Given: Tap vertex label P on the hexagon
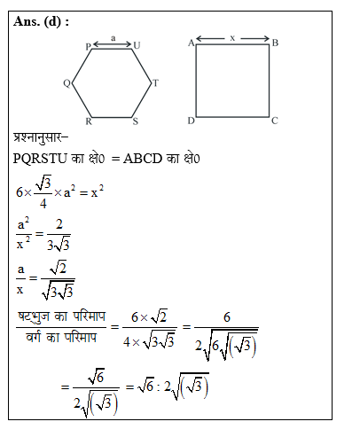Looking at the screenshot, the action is [89, 45].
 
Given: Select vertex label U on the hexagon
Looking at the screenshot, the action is [136, 45].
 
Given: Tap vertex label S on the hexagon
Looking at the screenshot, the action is [135, 121].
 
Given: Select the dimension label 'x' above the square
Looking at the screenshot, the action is [232, 38].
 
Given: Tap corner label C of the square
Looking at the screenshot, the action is [275, 121].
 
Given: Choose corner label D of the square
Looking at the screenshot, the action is [191, 121].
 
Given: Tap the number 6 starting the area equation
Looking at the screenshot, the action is [20, 191].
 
